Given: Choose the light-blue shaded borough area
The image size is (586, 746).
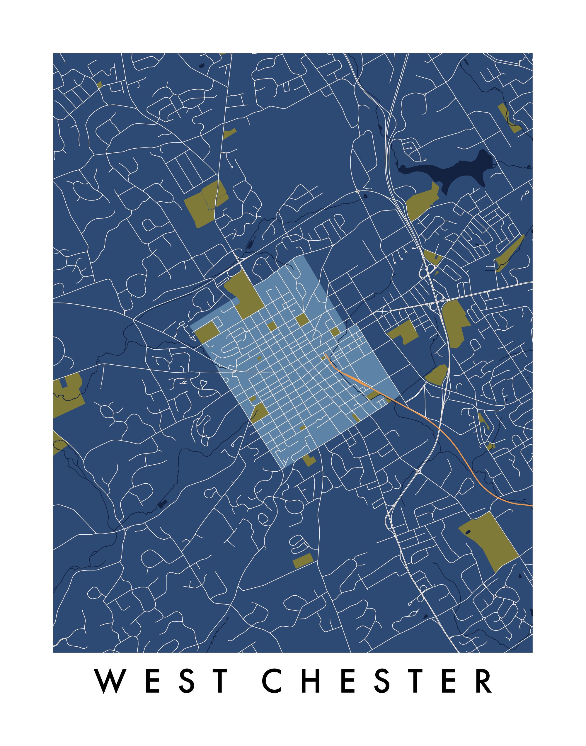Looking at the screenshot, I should click(302, 364).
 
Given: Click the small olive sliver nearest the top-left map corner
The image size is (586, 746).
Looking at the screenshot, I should click(100, 84).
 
